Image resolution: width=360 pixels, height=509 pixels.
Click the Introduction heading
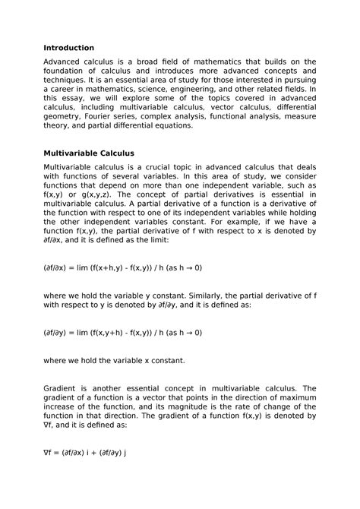click(68, 48)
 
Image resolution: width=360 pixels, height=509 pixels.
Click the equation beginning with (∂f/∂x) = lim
click(123, 268)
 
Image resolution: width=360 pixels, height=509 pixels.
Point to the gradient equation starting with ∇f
click(84, 451)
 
